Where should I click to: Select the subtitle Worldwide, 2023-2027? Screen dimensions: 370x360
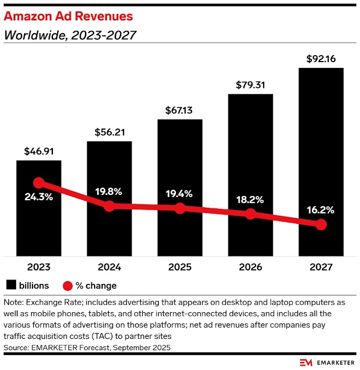70,36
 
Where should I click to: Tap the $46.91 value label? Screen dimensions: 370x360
39,151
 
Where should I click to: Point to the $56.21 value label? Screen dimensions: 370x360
109,132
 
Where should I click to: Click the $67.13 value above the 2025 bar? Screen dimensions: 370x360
180,110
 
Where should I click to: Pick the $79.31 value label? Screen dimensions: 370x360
250,85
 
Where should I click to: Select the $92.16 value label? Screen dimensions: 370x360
321,58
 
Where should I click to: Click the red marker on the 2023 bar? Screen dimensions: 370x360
39,183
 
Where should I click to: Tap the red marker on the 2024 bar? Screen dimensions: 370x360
109,206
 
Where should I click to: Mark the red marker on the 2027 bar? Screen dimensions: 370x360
321,225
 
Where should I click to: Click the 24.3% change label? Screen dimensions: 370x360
39,197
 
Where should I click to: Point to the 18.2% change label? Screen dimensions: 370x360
250,200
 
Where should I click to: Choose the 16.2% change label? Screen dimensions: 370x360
321,210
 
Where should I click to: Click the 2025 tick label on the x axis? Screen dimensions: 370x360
180,267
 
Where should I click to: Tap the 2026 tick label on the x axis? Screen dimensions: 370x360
250,267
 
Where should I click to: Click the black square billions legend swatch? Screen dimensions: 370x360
11,285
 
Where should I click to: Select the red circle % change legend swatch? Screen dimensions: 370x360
68,285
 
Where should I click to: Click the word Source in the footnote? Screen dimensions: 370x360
16,348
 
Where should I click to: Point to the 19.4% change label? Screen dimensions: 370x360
180,193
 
